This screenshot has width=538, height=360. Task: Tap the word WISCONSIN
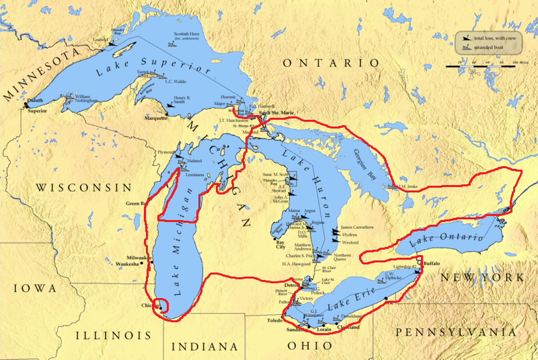point(85,187)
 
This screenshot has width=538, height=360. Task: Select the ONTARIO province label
point(331,63)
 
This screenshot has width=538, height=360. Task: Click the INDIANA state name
point(205,347)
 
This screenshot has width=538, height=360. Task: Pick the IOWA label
point(34,288)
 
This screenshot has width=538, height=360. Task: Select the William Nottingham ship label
point(91,99)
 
